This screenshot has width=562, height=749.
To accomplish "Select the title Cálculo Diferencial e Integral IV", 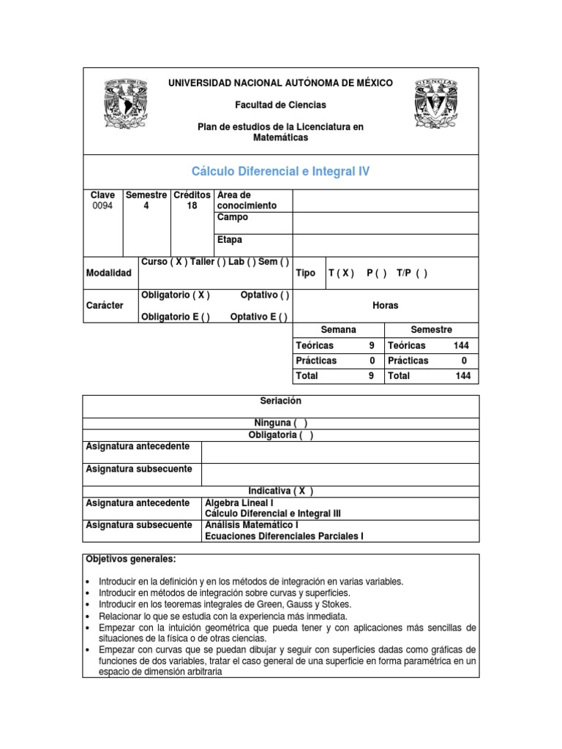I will [281, 172].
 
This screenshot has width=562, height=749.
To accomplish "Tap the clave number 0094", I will [102, 206].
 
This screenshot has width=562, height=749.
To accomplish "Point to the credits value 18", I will [192, 206].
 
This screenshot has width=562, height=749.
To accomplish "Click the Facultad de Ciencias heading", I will [281, 105].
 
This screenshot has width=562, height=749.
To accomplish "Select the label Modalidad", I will [108, 273].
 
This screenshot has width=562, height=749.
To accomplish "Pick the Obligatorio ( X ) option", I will [175, 296].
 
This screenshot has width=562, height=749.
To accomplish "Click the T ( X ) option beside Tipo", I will [341, 273].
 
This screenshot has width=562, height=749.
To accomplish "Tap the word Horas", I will [385, 306].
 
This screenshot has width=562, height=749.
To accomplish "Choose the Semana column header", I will [338, 331].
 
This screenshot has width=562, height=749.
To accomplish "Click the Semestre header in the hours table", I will [432, 331].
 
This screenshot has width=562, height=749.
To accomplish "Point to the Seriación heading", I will [281, 402].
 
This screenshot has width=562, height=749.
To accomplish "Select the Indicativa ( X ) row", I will [281, 491].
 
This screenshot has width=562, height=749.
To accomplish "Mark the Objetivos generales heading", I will [131, 560].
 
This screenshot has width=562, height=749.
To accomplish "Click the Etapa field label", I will [230, 240].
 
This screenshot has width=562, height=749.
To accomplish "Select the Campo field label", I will [233, 217].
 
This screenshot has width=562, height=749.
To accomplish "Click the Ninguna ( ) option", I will [281, 423].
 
